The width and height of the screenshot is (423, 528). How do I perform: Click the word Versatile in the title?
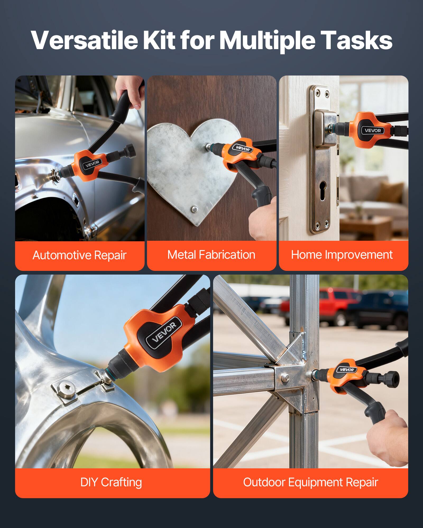(x=84, y=40)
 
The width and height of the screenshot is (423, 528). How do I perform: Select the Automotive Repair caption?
(x=79, y=255)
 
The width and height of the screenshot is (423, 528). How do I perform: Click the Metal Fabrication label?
(x=211, y=255)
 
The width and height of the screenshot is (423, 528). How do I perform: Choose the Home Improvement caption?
(x=342, y=255)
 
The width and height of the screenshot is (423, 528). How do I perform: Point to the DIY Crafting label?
(x=111, y=482)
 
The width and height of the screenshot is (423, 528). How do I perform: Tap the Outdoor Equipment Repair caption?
(x=310, y=482)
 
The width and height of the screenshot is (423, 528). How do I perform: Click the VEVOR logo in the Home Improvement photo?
(x=373, y=130)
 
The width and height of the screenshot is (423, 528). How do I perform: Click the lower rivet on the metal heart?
(x=195, y=209)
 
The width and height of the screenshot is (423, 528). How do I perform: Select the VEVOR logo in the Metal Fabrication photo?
(x=242, y=148)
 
